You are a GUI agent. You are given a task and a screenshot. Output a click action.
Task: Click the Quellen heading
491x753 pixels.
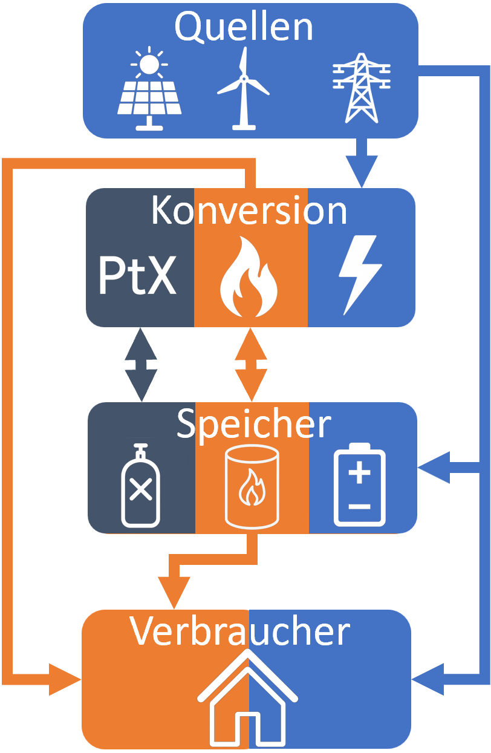(244, 27)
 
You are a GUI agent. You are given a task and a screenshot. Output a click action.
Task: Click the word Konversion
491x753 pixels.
(249, 211)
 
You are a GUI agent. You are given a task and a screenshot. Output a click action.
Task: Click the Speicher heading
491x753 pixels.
(253, 425)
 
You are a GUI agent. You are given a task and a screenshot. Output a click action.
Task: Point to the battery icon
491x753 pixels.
(360, 484)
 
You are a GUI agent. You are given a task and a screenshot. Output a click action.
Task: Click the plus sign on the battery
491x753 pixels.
(360, 472)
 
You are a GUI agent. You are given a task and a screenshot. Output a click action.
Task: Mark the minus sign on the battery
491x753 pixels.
(360, 506)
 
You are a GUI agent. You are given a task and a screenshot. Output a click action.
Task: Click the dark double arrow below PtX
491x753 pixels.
(141, 365)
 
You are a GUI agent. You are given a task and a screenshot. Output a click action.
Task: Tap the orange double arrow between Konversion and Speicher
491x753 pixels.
(251, 365)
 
